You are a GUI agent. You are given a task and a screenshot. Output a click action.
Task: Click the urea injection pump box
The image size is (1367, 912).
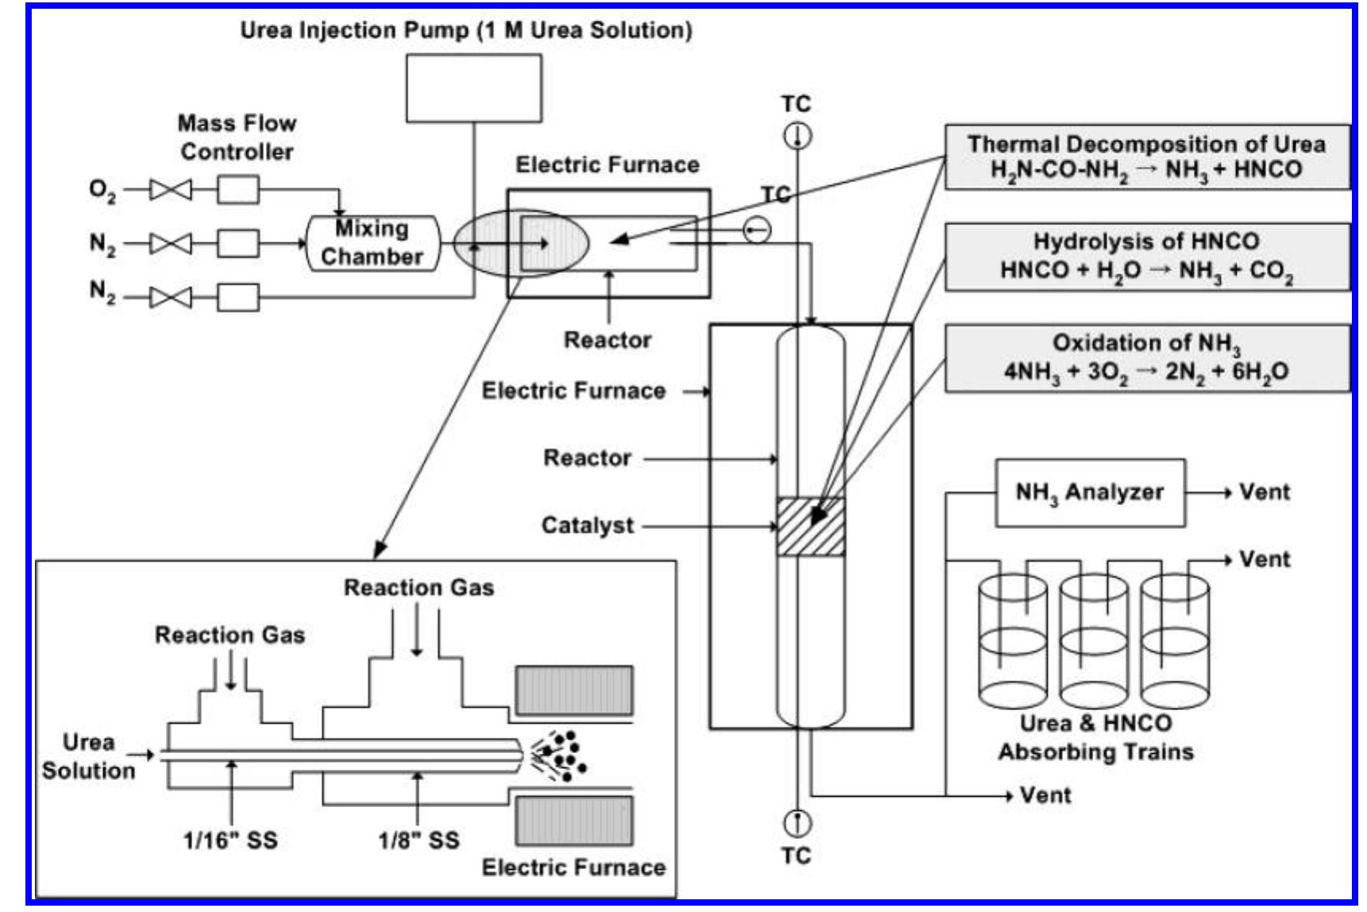[x=474, y=87]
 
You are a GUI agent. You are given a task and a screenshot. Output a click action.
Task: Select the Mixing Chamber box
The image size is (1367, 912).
[x=372, y=243]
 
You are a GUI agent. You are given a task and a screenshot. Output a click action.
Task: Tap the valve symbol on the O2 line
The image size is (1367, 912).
[x=171, y=190]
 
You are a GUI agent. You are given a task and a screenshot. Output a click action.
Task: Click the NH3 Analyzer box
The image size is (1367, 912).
[x=1090, y=493]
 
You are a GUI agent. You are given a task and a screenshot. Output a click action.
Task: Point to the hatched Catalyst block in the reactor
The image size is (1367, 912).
[x=811, y=526]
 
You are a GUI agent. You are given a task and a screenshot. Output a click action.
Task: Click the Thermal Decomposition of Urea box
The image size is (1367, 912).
[x=1146, y=157]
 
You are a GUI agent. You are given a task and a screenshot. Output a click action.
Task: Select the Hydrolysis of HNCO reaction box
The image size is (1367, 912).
[x=1146, y=257]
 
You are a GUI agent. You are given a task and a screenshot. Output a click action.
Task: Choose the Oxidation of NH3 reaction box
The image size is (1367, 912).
[x=1146, y=357]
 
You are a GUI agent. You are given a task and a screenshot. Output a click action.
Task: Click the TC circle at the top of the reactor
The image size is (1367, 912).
[x=798, y=137]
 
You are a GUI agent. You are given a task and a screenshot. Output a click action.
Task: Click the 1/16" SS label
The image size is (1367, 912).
[x=230, y=841]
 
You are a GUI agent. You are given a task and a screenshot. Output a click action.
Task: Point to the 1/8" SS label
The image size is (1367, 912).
[x=418, y=841]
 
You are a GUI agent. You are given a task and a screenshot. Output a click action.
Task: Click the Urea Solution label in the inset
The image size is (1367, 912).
[x=88, y=756]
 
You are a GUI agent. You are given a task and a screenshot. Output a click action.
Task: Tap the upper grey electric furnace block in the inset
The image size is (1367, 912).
[x=574, y=690]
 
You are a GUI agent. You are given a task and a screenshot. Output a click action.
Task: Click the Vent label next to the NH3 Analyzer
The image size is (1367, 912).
[x=1264, y=493]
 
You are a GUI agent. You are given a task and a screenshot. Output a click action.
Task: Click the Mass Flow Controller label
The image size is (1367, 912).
[x=237, y=137]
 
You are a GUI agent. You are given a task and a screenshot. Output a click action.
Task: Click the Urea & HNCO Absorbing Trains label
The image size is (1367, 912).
[x=1096, y=737]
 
